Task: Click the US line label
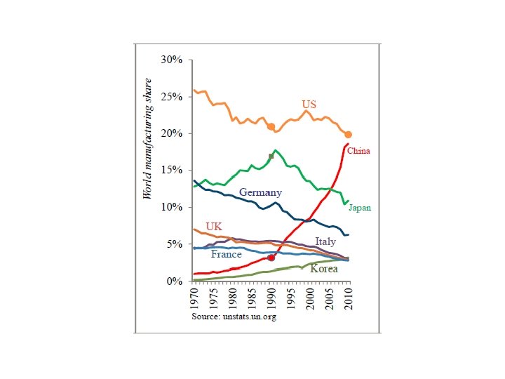tap(309, 105)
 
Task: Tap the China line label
tap(358, 151)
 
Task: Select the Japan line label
tap(360, 208)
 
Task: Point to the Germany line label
tap(260, 192)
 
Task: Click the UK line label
tap(214, 226)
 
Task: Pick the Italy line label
tap(325, 241)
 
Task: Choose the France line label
tap(227, 254)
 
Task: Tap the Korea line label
tap(324, 269)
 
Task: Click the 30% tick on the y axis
tap(172, 60)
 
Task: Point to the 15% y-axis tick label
tap(172, 171)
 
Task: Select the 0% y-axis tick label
tap(174, 281)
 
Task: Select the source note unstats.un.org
tap(234, 317)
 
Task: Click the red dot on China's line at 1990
tap(271, 258)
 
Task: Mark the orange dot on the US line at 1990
tap(271, 127)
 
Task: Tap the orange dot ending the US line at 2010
tap(349, 135)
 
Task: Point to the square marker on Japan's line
tap(271, 156)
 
